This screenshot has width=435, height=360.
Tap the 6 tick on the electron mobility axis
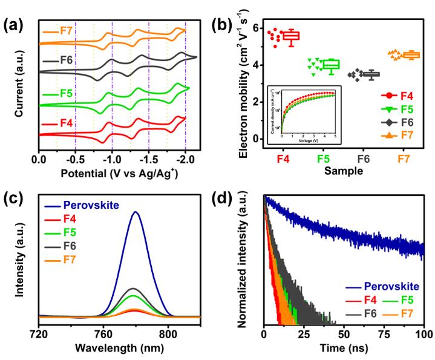coord(255,28)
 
